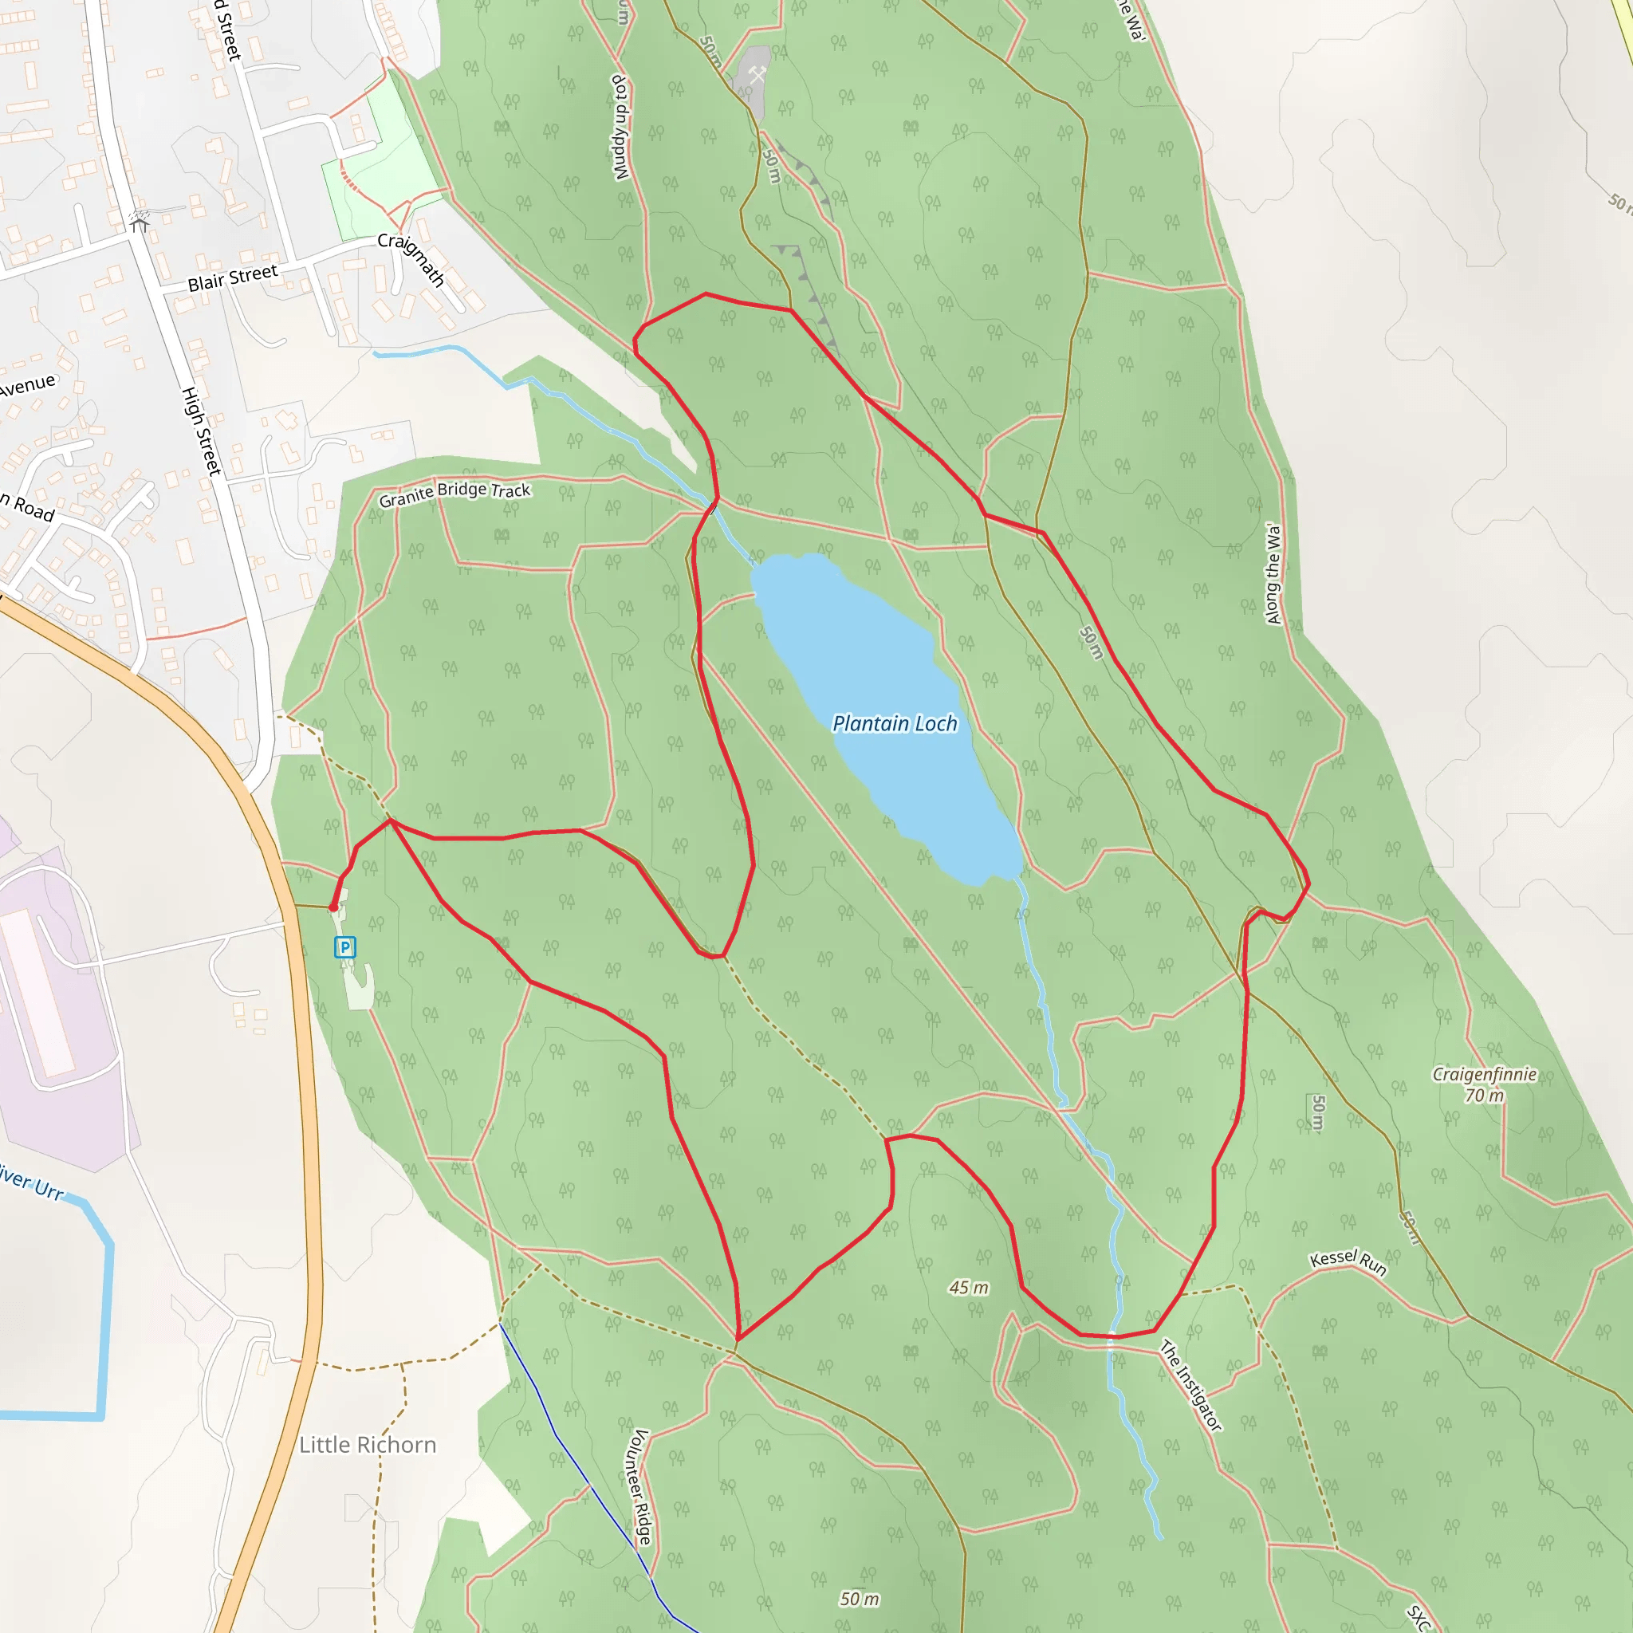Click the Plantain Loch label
tap(895, 723)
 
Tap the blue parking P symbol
tap(344, 947)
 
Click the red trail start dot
tap(333, 907)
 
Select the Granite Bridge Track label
tap(454, 494)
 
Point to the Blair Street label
tap(233, 278)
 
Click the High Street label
tap(202, 431)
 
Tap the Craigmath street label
tap(411, 258)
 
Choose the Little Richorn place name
tap(368, 1445)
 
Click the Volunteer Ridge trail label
tap(642, 1487)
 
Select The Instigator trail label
tap(1191, 1385)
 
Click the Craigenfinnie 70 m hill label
tap(1484, 1084)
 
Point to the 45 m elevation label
tap(969, 1287)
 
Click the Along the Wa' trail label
tap(1273, 574)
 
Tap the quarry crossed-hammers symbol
tap(757, 74)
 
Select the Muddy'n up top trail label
tap(621, 127)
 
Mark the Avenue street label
tap(27, 385)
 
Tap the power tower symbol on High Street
tap(140, 222)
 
